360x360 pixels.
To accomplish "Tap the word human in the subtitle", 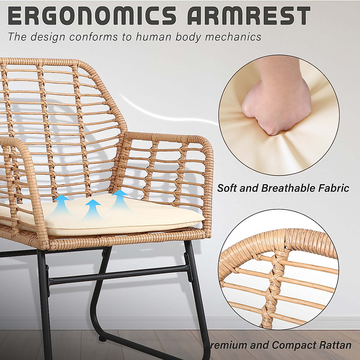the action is pos(153,37).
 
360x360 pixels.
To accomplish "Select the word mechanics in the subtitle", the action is pos(233,37).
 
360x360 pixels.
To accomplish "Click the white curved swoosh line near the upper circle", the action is pos(168,112).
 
